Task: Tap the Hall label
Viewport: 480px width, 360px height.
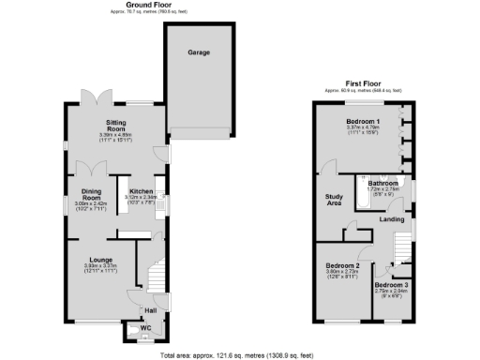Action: coord(150,308)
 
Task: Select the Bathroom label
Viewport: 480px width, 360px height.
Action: coord(382,183)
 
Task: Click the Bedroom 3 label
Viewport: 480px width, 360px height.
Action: coord(392,284)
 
